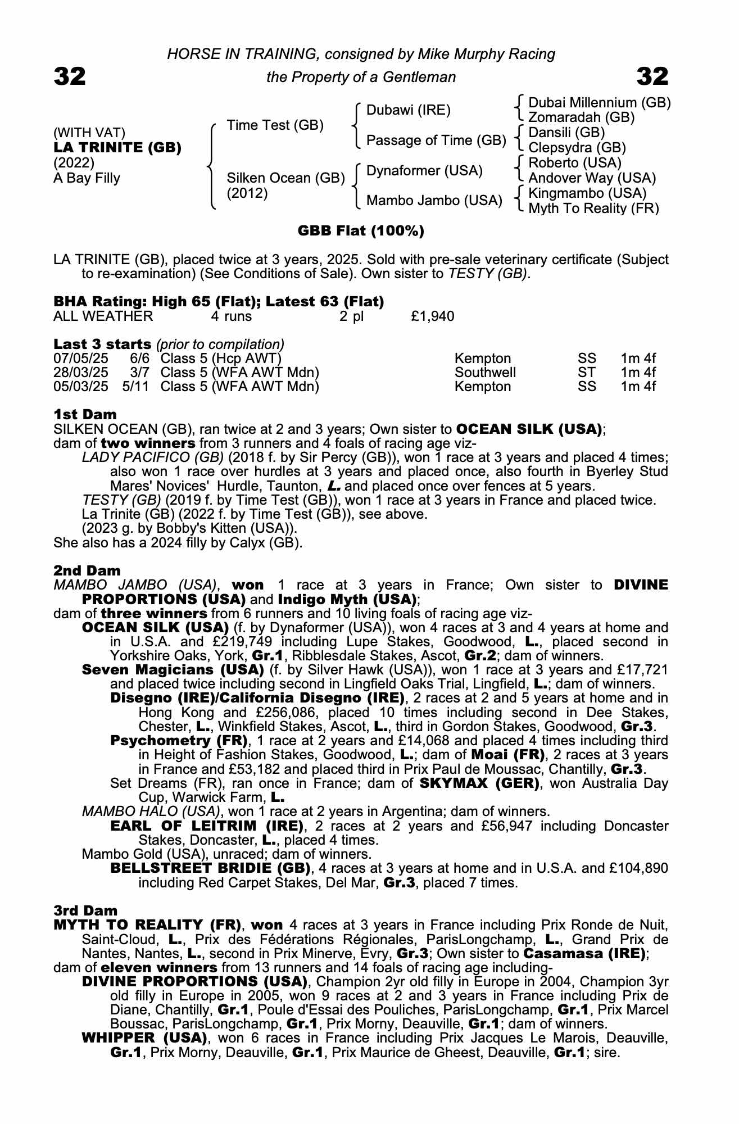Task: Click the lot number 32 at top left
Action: pos(70,76)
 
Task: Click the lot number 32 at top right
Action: pos(652,76)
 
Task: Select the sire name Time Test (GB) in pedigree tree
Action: pos(275,125)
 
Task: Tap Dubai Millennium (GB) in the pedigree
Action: pos(600,103)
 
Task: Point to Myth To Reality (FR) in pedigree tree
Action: pos(594,209)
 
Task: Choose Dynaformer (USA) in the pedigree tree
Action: pos(424,171)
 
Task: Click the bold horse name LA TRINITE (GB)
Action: pos(117,148)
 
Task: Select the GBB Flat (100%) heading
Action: pos(361,231)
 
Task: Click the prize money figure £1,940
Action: pos(432,316)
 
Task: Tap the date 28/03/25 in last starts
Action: pos(80,373)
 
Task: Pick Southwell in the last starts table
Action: pos(485,373)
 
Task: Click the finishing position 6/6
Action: pos(139,359)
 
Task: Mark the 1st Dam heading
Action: pos(85,415)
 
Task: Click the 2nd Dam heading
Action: pos(87,571)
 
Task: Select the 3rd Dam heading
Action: pos(86,910)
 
